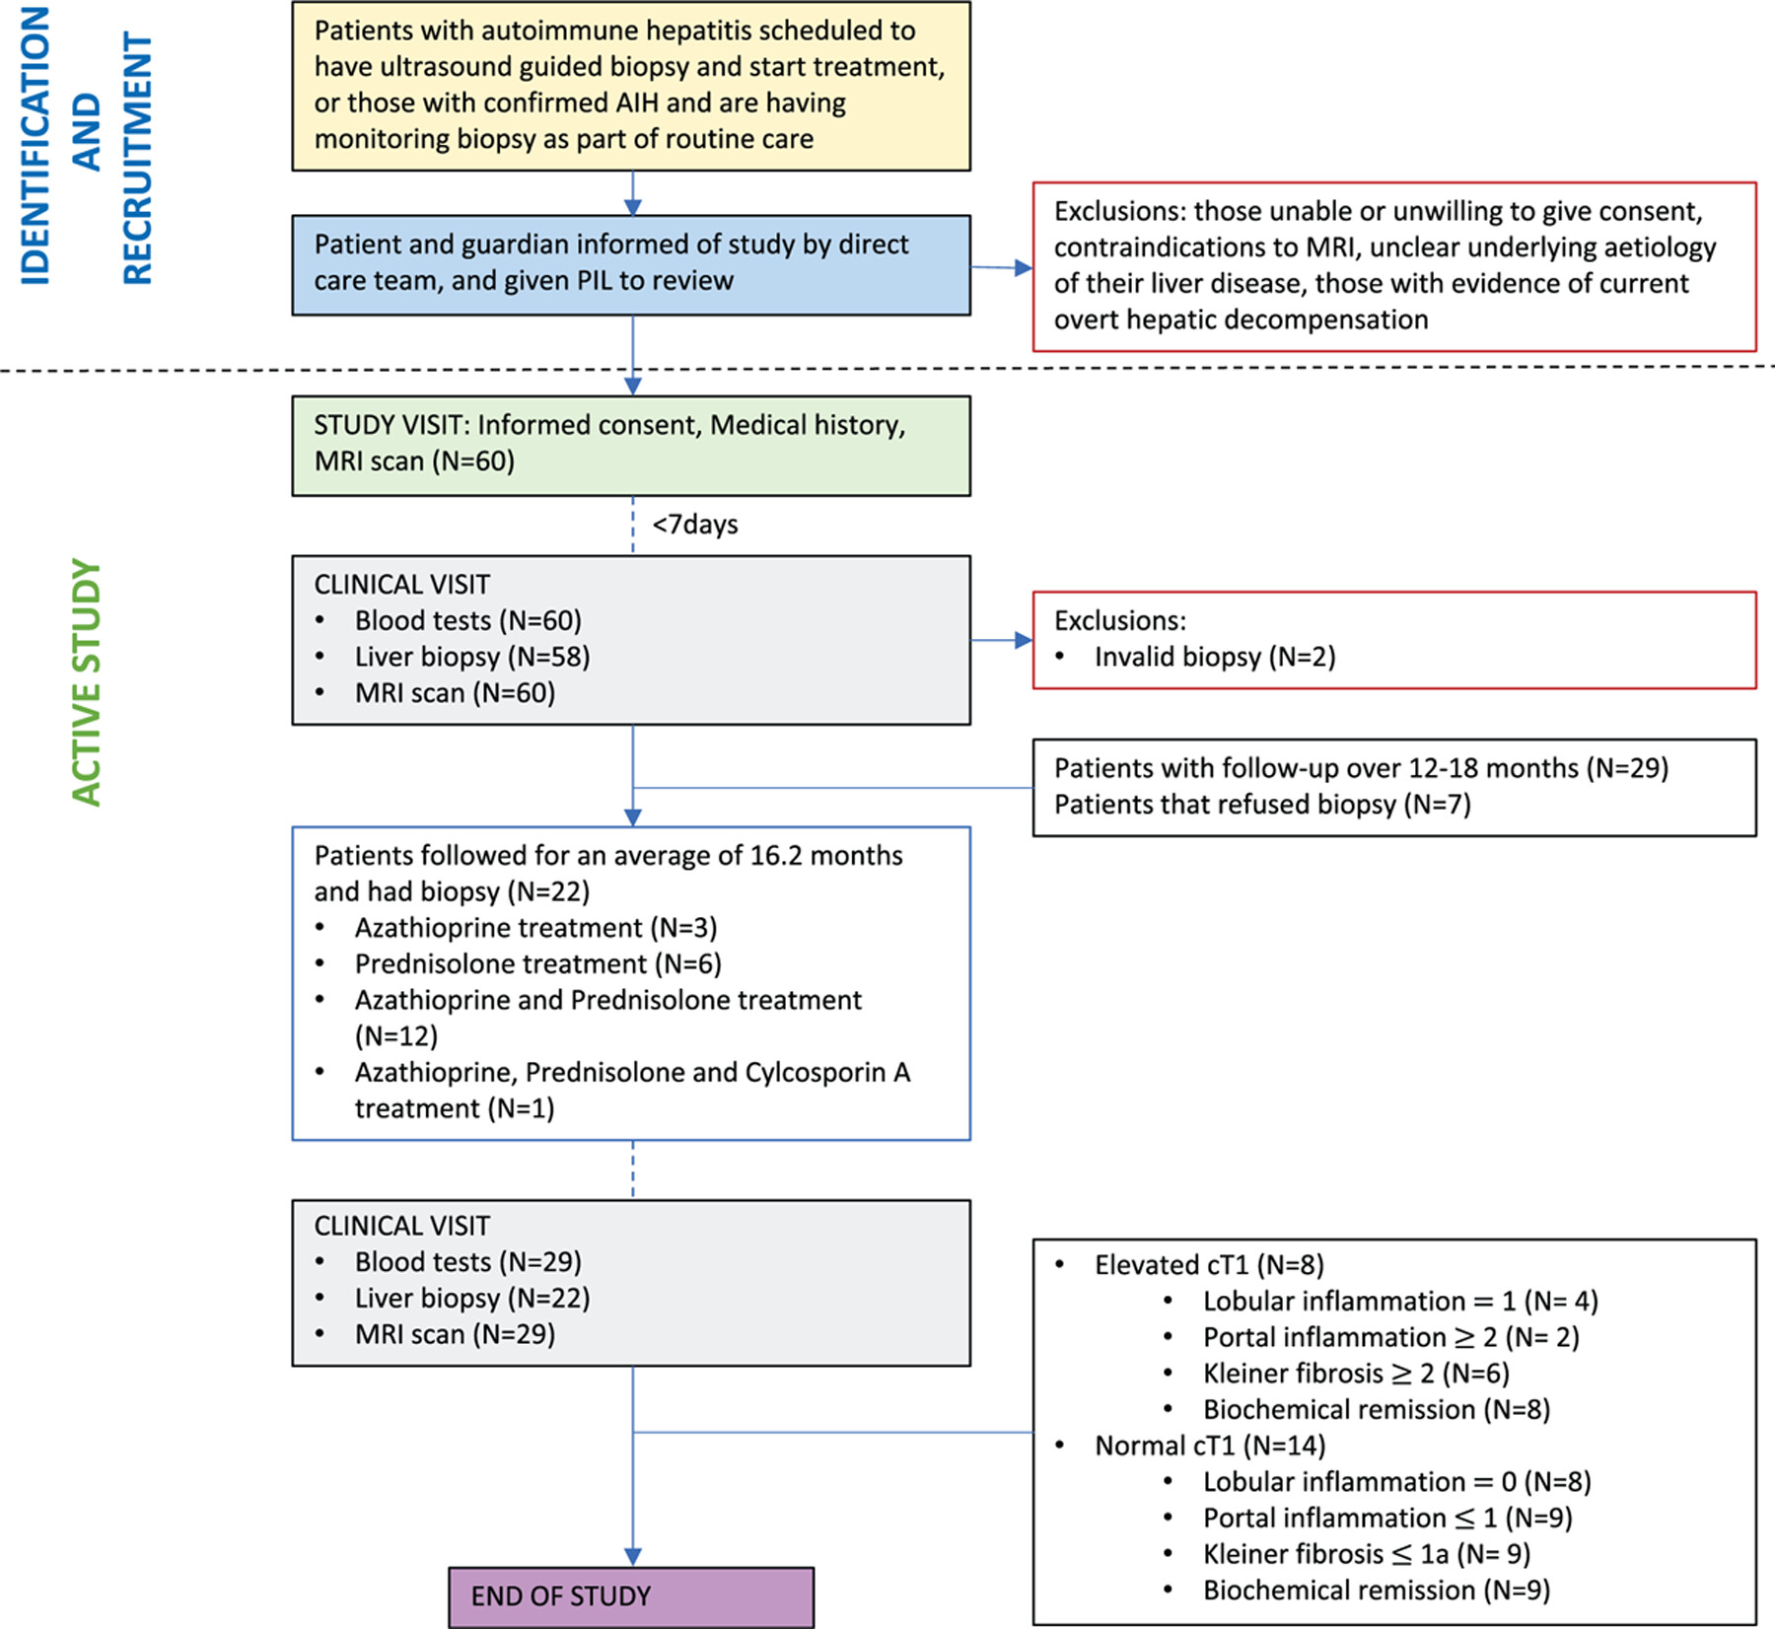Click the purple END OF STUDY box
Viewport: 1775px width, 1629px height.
(x=631, y=1596)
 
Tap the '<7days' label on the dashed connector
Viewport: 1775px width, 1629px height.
(x=695, y=524)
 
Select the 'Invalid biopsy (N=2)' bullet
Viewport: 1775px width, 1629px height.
(x=1215, y=657)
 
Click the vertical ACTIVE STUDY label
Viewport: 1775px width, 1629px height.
(x=87, y=682)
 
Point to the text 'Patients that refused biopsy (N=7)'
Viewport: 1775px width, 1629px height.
(x=1262, y=805)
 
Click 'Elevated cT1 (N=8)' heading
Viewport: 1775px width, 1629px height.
(x=1209, y=1265)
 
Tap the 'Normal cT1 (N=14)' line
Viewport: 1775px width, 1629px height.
(x=1210, y=1446)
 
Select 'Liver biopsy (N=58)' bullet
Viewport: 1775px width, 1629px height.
(x=472, y=657)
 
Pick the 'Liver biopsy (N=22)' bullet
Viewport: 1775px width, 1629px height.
(x=472, y=1298)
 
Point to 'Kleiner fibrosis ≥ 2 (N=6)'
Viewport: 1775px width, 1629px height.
(x=1356, y=1374)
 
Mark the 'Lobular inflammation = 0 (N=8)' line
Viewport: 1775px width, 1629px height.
(x=1397, y=1482)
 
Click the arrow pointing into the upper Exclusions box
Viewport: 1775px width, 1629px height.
(x=1001, y=267)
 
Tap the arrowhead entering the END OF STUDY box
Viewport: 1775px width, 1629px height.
(x=633, y=1556)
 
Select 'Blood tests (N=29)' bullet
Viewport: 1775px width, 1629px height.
(x=468, y=1262)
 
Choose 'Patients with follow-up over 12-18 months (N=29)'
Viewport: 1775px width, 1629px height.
(x=1362, y=768)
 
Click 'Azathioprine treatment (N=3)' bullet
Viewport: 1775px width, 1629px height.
(x=536, y=928)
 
